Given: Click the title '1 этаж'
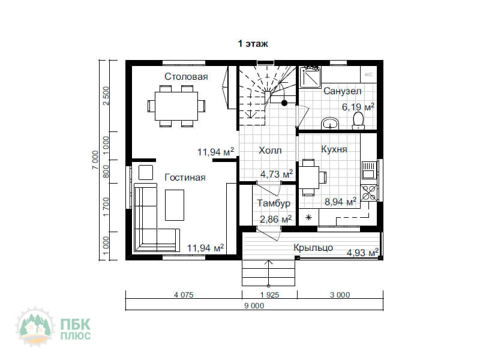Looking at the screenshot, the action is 253,44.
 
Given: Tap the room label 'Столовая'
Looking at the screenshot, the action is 186,77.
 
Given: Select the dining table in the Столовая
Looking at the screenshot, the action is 176,106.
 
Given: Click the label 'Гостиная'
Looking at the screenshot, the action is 185,178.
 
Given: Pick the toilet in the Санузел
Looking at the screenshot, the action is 358,121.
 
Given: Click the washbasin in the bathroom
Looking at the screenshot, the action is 330,124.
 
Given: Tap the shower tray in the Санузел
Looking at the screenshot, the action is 310,77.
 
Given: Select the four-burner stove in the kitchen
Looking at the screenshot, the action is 368,193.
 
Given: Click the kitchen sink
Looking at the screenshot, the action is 369,170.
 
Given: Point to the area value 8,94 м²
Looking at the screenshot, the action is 340,202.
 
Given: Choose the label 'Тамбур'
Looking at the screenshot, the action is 274,203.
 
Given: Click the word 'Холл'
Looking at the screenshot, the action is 270,151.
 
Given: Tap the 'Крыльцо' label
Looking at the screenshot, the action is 313,247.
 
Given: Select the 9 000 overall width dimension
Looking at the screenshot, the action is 254,305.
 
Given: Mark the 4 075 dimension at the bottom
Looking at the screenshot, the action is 184,295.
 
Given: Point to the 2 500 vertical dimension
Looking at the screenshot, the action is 106,96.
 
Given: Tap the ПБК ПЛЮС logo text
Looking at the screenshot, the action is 76,329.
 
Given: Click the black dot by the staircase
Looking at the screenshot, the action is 284,103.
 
